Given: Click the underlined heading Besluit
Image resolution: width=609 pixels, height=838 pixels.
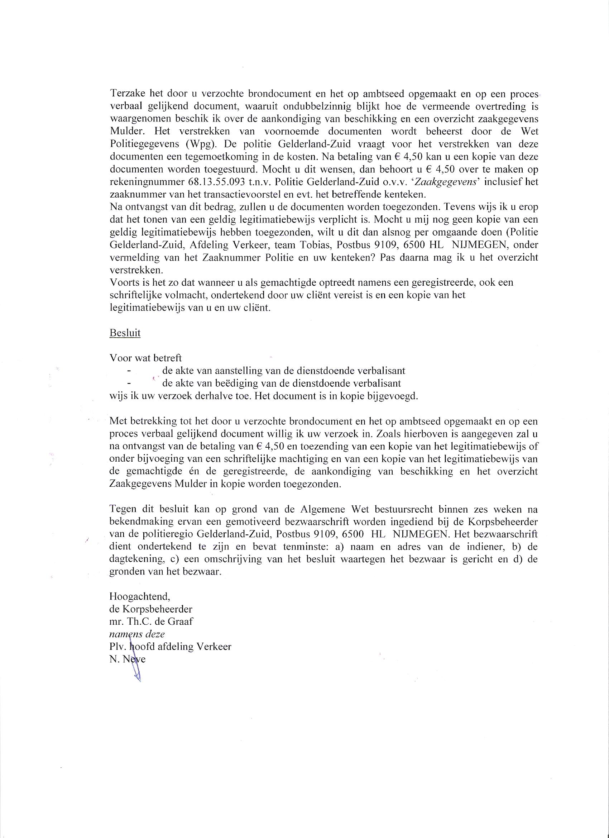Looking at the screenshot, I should pos(125,333).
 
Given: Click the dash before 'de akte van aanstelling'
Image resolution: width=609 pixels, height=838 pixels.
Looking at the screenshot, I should pos(128,371).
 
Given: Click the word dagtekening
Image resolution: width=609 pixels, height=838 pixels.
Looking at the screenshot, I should pos(136,560).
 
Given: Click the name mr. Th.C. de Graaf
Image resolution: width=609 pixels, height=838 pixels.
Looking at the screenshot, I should pos(151,622).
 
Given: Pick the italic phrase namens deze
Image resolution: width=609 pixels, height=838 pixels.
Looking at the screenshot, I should pos(137,634).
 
